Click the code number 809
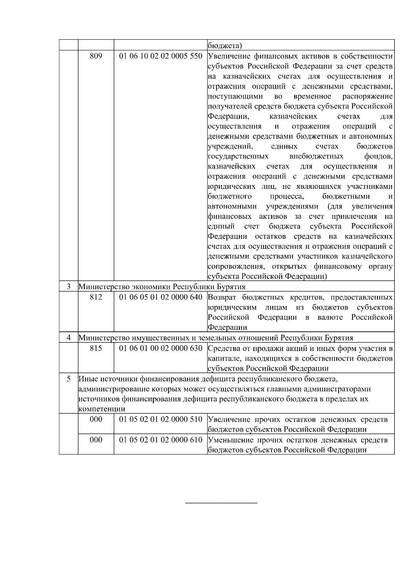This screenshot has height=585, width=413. [x=96, y=56]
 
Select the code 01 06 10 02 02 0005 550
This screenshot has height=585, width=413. [x=161, y=56]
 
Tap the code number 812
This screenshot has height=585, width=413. [x=96, y=297]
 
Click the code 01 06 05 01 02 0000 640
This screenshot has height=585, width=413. [x=161, y=297]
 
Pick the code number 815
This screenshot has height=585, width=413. [x=96, y=348]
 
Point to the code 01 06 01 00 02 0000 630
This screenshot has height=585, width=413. [x=161, y=348]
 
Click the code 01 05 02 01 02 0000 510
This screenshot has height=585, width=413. [x=161, y=419]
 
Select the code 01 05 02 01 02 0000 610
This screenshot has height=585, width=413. [x=161, y=440]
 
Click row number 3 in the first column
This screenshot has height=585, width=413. [x=68, y=287]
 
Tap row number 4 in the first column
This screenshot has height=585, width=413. [x=68, y=338]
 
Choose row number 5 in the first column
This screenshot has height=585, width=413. [x=68, y=379]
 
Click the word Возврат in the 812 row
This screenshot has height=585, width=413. [x=223, y=297]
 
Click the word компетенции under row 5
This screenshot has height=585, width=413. [x=102, y=409]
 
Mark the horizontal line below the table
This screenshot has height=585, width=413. [x=221, y=503]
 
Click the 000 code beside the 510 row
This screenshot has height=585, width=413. [x=96, y=419]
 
